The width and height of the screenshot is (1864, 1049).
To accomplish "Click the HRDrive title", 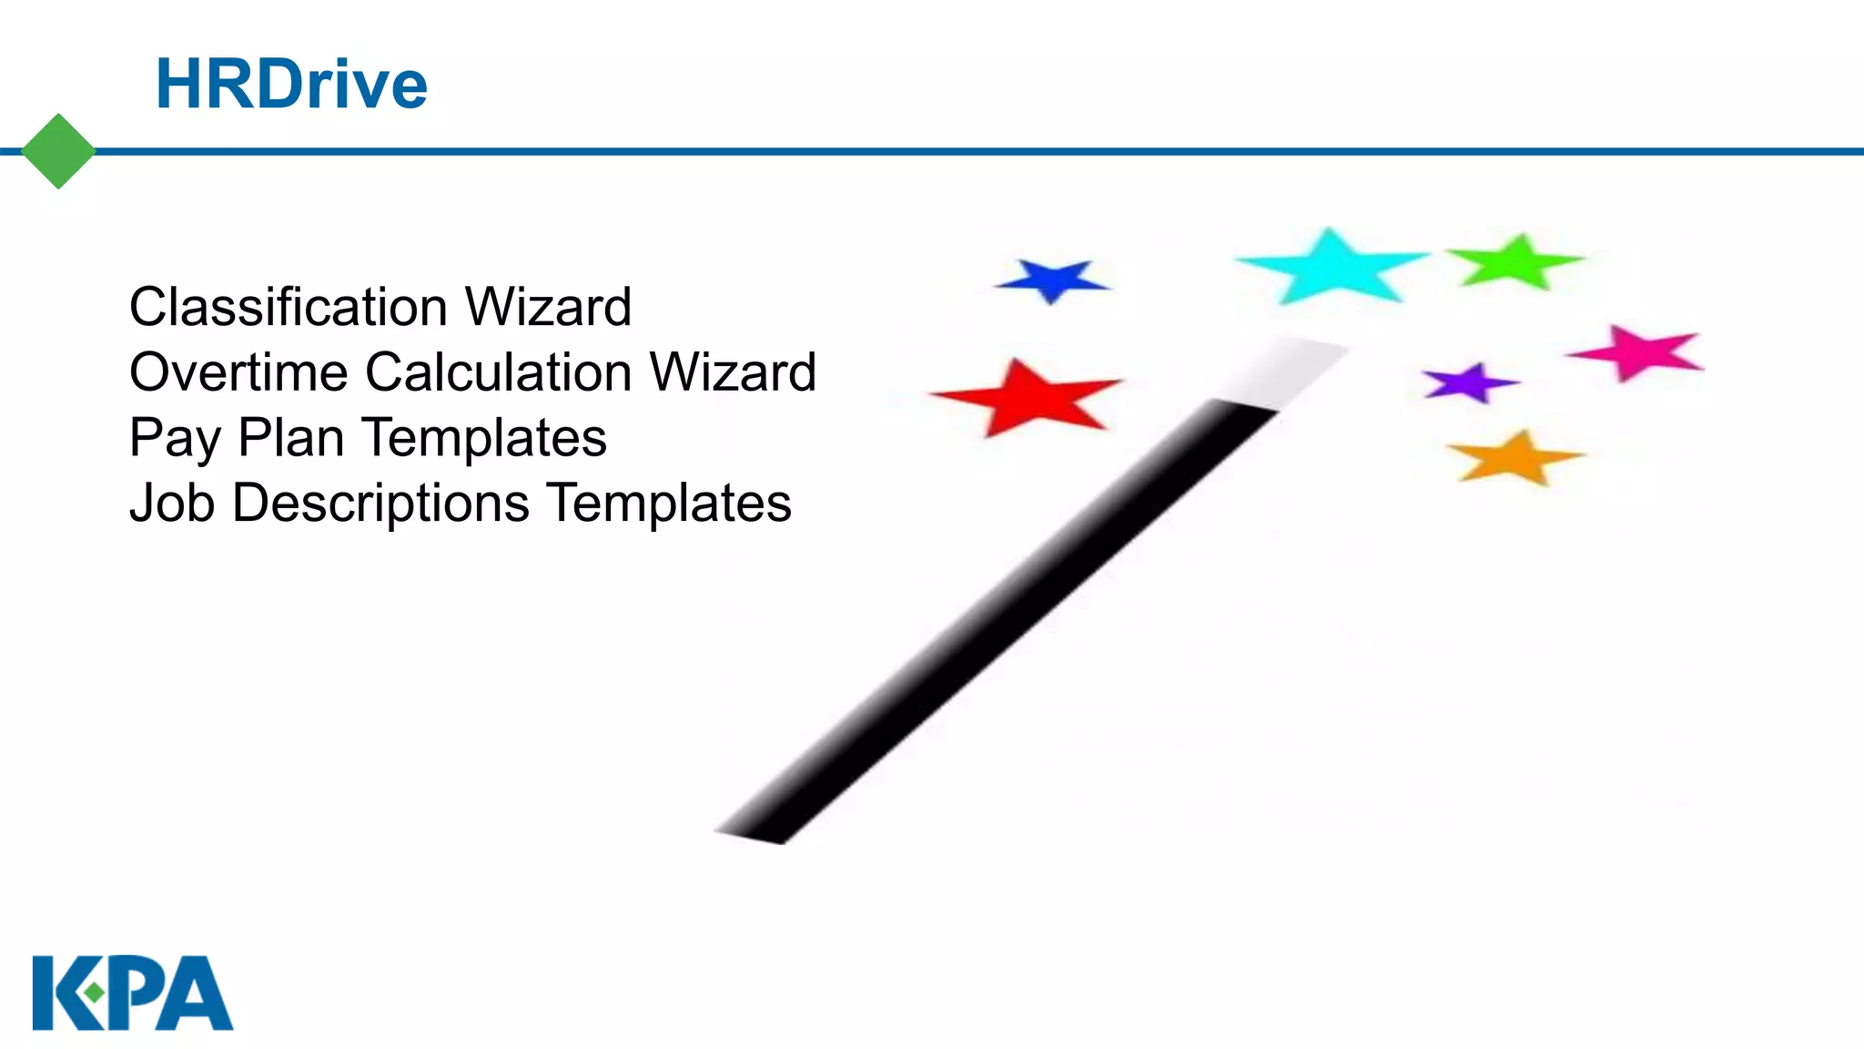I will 291,84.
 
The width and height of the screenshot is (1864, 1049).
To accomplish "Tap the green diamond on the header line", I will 58,151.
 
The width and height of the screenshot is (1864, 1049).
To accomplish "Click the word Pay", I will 175,439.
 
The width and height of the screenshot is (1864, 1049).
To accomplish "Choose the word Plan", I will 290,438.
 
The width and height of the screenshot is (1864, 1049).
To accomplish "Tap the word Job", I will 172,504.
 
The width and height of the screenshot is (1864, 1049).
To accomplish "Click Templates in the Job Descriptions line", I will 670,504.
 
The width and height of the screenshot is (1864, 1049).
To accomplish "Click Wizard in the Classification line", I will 548,307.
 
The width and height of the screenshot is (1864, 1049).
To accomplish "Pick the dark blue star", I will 1053,280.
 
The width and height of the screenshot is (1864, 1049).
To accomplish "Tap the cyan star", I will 1332,267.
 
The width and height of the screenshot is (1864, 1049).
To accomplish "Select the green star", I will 1516,262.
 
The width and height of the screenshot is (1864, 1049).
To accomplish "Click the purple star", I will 1468,383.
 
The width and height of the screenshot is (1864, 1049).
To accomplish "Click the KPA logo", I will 133,993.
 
